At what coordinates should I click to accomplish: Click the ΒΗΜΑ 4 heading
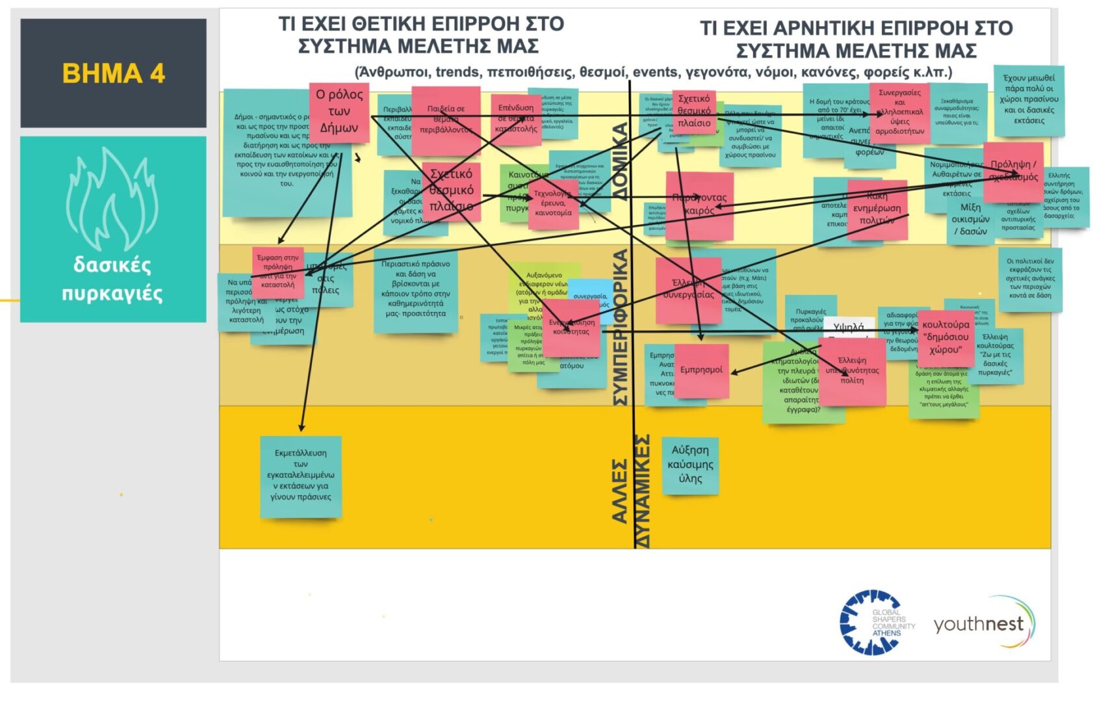(113, 73)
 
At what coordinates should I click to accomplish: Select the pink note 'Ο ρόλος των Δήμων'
(339, 112)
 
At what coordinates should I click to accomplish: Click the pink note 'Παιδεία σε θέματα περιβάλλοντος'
(446, 120)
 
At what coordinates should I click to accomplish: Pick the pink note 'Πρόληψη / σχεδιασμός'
(1012, 172)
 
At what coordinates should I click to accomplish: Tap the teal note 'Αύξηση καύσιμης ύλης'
(690, 465)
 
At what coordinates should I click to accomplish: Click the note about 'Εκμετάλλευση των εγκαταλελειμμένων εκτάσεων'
(301, 476)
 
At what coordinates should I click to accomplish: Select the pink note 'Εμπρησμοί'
(701, 370)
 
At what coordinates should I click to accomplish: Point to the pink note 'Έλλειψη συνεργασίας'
(688, 290)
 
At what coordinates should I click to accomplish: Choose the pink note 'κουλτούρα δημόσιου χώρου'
(945, 337)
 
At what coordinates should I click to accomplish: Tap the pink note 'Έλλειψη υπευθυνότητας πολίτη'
(852, 371)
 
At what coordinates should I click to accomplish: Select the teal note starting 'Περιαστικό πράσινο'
(415, 290)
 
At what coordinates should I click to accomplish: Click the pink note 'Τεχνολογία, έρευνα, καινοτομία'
(552, 204)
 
